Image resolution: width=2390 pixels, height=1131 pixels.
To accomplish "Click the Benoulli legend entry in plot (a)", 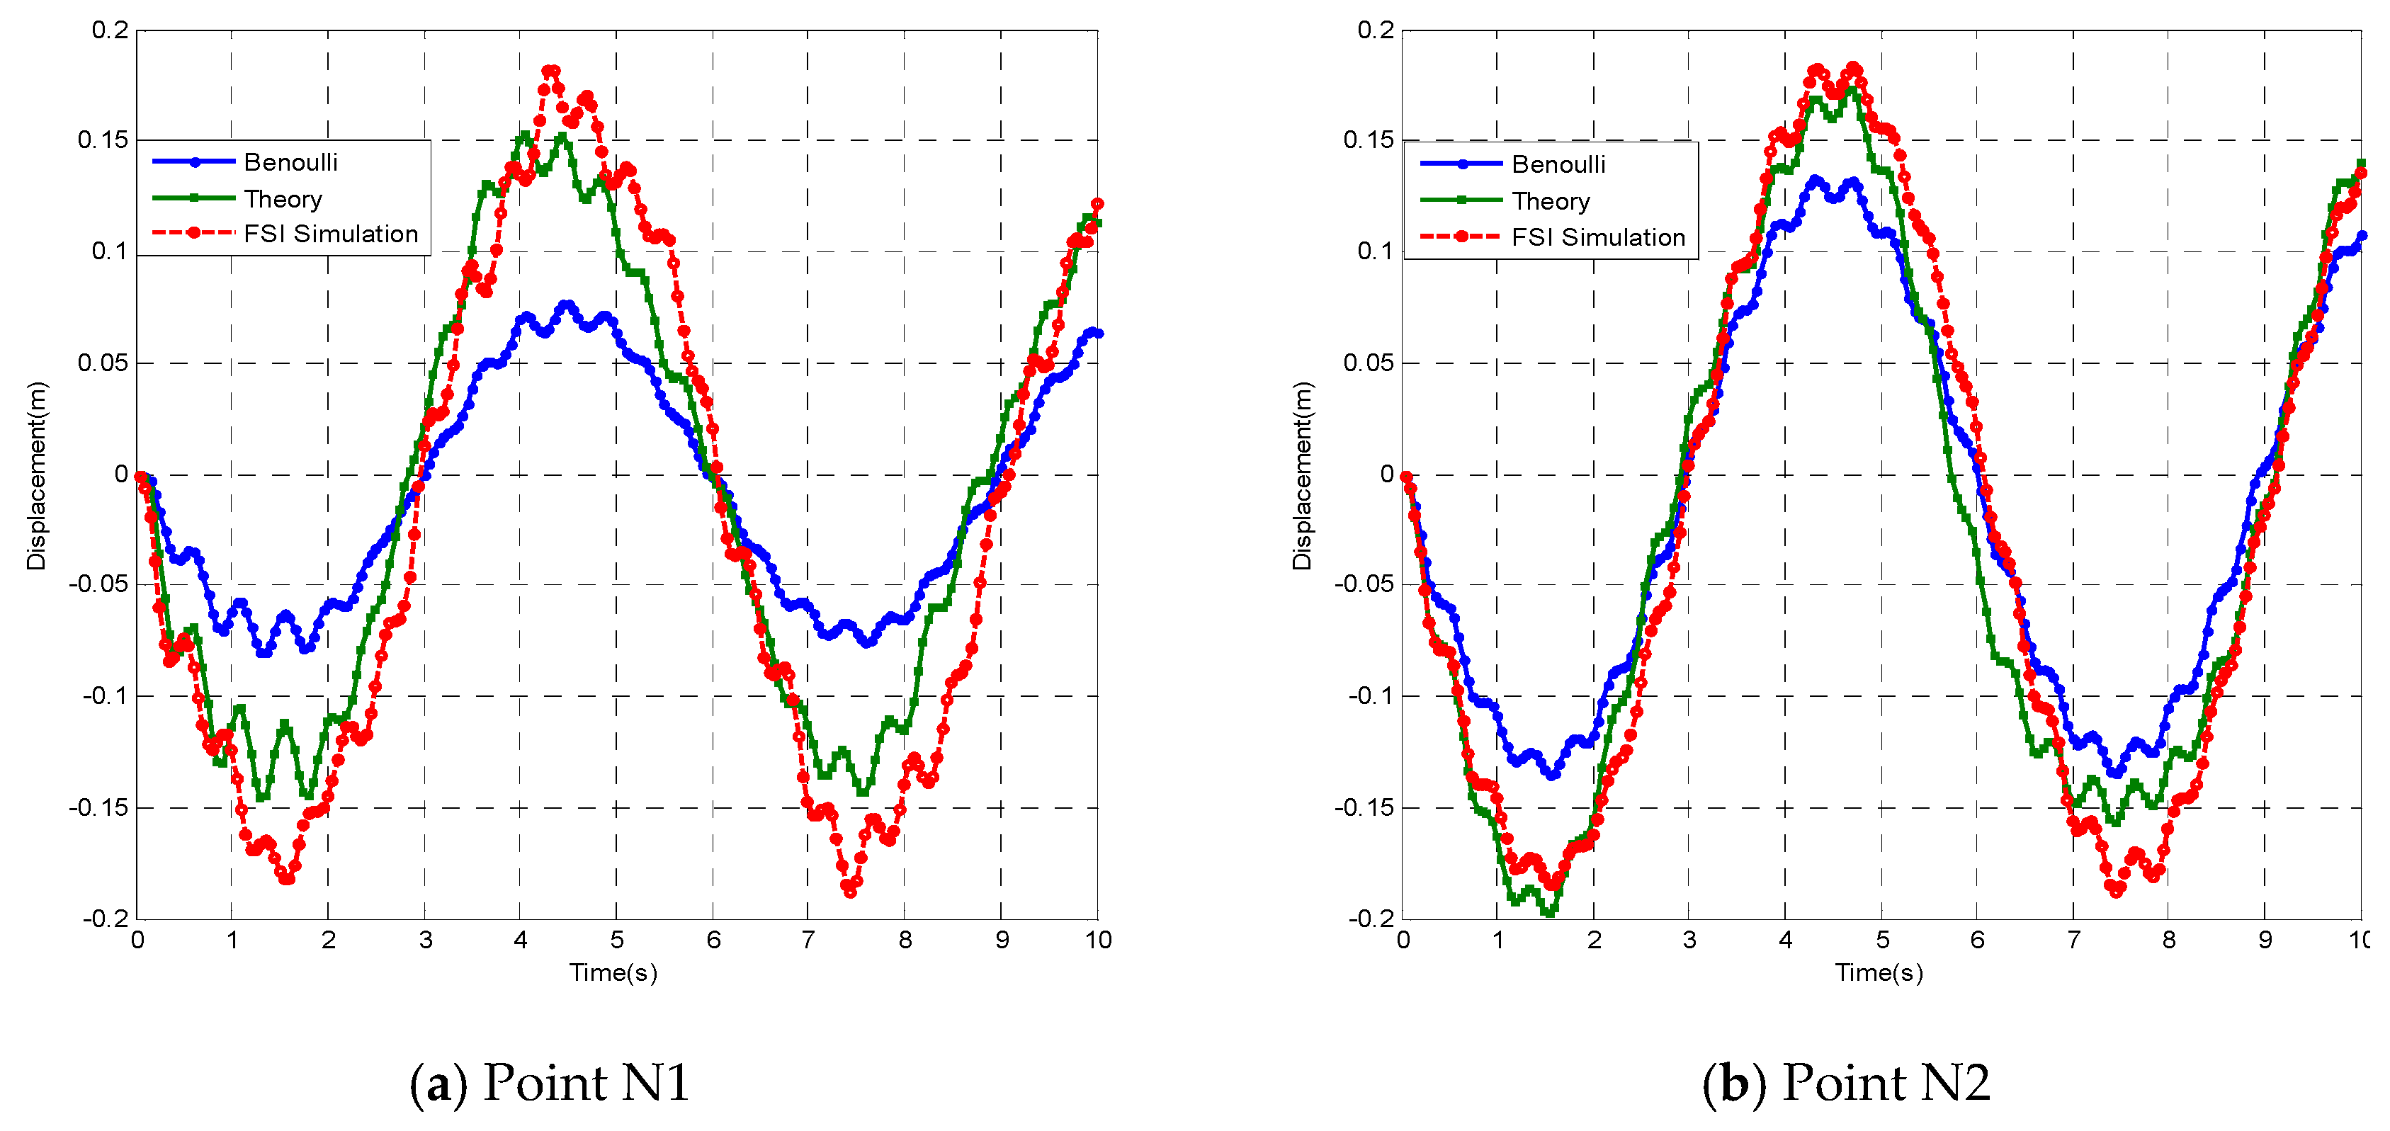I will pos(290,162).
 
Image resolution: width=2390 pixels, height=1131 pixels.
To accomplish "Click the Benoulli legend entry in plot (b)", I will pos(1558,164).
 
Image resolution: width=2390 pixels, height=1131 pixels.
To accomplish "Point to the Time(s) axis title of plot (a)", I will pos(613,972).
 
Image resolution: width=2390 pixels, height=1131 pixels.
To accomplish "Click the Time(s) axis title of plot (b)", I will pos(1879,972).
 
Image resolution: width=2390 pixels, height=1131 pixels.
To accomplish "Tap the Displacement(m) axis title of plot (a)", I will pos(36,475).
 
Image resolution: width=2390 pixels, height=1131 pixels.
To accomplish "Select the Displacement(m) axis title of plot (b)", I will pos(1303,475).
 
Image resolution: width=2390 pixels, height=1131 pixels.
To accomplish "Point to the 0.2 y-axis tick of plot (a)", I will pos(111,30).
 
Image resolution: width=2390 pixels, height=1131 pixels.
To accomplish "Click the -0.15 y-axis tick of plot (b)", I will pos(1364,808).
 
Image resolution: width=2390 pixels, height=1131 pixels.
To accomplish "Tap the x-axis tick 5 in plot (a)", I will pos(617,940).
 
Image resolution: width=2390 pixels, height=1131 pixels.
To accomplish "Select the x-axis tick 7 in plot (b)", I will pos(2073,940).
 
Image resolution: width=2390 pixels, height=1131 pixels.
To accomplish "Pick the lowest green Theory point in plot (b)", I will pos(1548,913).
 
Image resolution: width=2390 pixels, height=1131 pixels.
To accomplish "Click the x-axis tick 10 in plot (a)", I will pos(1097,940).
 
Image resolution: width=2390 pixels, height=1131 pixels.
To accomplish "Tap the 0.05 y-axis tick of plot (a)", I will pos(103,363).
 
